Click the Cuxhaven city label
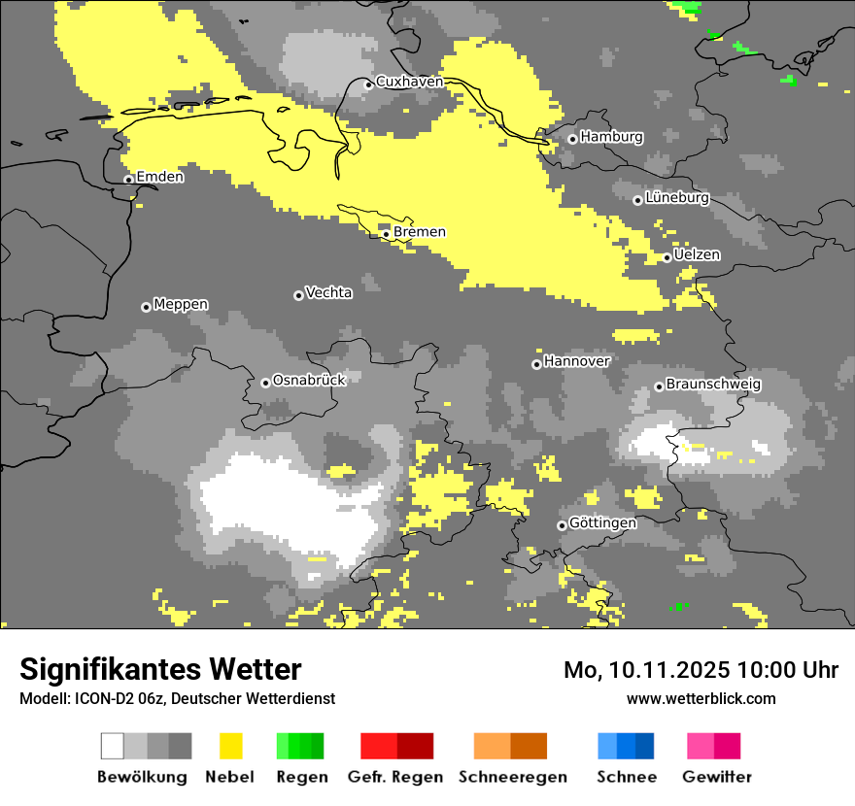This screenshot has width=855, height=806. (x=409, y=82)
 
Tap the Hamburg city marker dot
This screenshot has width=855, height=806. (x=572, y=139)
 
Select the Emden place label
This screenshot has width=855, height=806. (x=159, y=177)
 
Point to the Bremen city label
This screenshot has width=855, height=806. (x=420, y=232)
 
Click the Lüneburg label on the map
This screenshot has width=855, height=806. (x=677, y=198)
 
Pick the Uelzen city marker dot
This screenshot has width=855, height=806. (x=667, y=257)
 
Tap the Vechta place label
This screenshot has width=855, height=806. (x=328, y=292)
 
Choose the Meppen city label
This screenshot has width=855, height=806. (x=181, y=305)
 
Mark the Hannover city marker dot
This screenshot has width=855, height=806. (x=536, y=364)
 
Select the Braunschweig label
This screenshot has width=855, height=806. (x=713, y=385)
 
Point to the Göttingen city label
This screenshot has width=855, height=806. (x=602, y=523)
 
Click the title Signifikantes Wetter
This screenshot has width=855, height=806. (x=160, y=669)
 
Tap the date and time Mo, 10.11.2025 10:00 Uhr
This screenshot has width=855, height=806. (x=701, y=670)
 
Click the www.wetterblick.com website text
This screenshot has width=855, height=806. (x=701, y=698)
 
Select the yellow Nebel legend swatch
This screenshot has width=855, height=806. (x=230, y=746)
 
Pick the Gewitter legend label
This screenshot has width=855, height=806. (x=717, y=777)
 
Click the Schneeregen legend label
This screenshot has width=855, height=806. (x=513, y=777)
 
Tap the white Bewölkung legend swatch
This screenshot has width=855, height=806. (x=113, y=746)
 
